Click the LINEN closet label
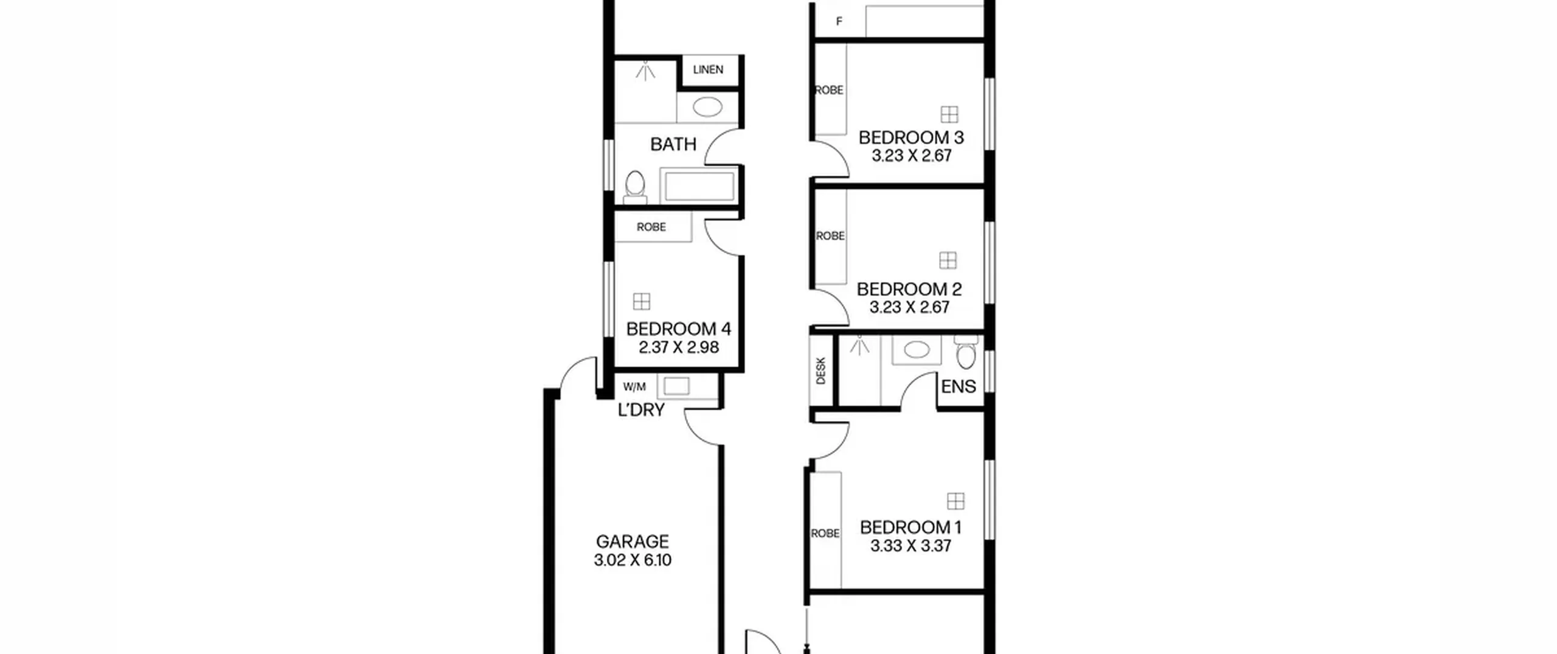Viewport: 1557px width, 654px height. tap(708, 69)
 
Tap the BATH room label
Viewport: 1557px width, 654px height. tap(673, 144)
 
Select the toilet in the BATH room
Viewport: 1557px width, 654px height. tap(635, 186)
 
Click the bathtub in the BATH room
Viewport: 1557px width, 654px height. tap(698, 186)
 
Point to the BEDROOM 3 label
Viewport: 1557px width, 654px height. tap(911, 137)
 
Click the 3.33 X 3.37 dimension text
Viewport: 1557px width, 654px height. tap(910, 546)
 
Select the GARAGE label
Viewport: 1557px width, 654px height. tap(633, 541)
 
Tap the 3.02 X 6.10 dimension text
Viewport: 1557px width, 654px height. tap(633, 560)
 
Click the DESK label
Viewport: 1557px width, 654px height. tap(820, 370)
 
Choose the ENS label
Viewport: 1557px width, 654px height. tap(959, 386)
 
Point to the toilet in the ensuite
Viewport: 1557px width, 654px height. tap(965, 352)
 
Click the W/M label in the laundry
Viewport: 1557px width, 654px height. tap(634, 387)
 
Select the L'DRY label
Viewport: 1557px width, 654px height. tap(641, 410)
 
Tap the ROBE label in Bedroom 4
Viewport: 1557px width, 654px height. tap(651, 227)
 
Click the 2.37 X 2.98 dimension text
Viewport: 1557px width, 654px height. tap(679, 347)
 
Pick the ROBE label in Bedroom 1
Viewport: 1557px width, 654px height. tap(825, 534)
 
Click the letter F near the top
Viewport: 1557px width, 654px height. tap(839, 22)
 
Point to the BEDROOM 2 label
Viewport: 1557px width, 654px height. tap(909, 289)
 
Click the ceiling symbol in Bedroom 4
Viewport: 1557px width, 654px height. tap(642, 301)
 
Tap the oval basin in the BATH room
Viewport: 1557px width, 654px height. tap(708, 108)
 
